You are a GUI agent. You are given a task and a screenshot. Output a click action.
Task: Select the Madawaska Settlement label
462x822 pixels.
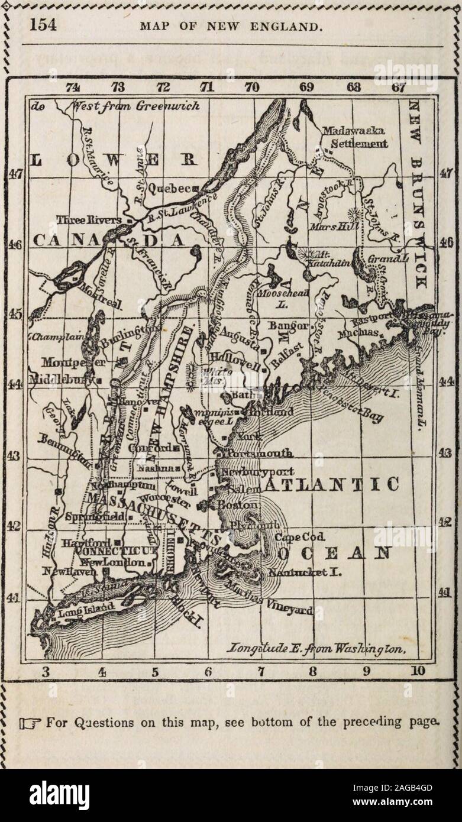354,137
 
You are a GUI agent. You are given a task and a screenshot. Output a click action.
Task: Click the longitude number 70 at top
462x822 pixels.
252,88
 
